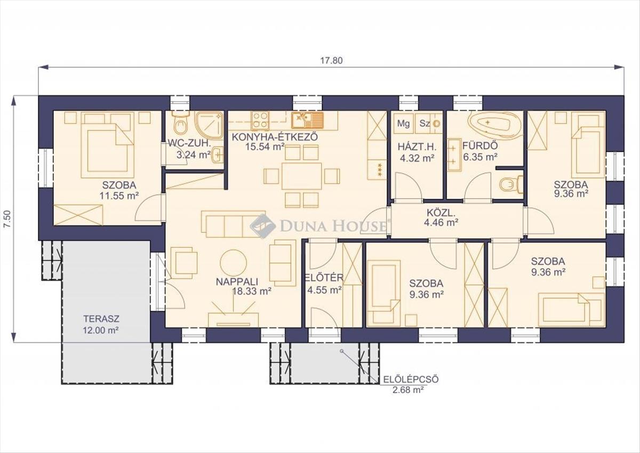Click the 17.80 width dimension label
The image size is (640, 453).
(331, 61)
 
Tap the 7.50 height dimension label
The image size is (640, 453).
(7, 219)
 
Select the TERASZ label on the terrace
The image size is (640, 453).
(101, 318)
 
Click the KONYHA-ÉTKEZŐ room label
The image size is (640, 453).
(275, 137)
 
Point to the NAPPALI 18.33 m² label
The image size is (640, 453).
(243, 286)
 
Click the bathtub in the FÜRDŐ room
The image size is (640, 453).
(489, 122)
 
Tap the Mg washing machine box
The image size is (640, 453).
(403, 123)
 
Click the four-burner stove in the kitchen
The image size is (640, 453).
(260, 120)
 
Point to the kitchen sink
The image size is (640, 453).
(307, 120)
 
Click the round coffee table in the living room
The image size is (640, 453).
(234, 263)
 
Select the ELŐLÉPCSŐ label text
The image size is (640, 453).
(411, 379)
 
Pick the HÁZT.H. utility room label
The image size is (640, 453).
(417, 147)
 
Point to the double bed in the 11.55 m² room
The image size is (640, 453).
(107, 145)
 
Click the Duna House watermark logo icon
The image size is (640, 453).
(262, 226)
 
